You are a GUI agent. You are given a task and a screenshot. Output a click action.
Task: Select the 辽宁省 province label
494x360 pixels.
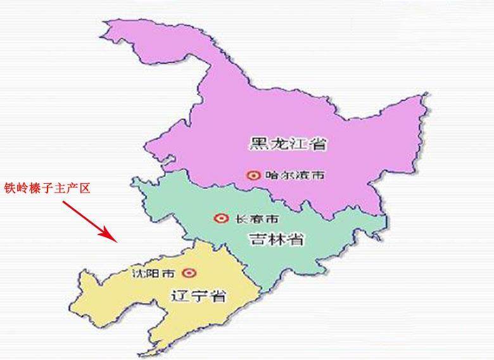(199, 295)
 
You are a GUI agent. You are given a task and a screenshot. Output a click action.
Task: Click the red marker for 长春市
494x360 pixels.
(221, 219)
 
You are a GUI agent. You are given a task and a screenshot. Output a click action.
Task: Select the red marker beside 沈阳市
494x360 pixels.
(188, 273)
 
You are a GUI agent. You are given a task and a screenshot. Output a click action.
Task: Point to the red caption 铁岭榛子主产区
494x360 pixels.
(48, 188)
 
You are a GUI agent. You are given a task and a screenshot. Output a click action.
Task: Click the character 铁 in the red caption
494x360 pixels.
(11, 188)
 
